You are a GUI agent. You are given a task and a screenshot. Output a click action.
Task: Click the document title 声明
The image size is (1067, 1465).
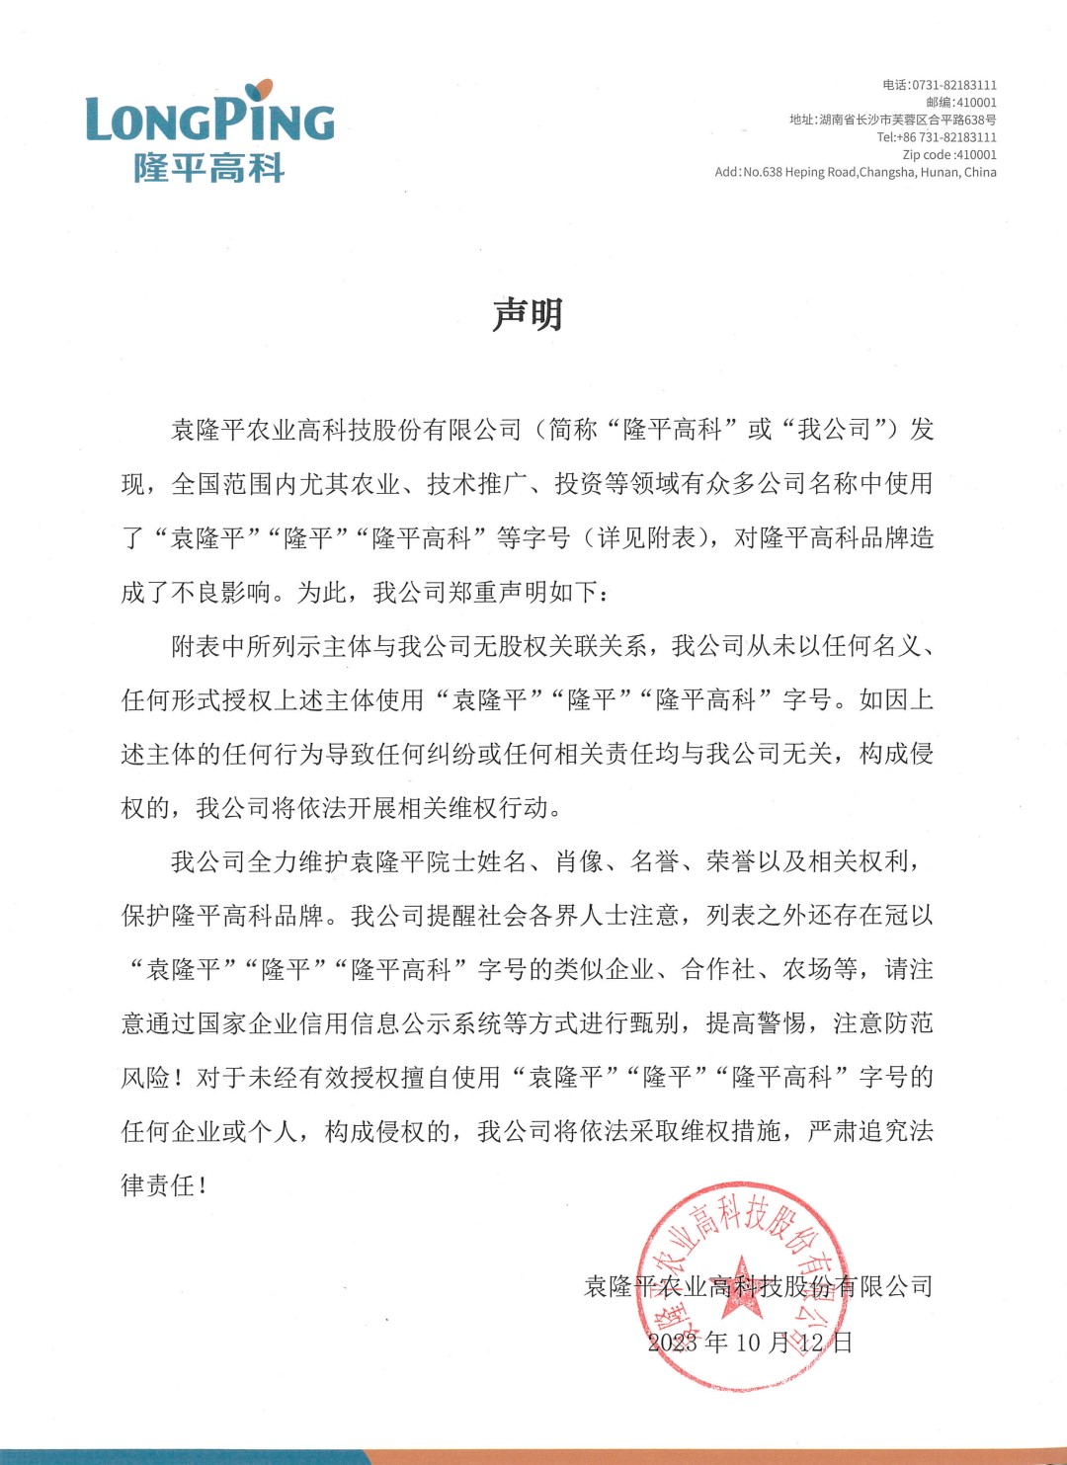pyautogui.click(x=528, y=315)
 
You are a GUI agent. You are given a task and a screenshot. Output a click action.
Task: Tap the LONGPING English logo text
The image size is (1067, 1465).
pyautogui.click(x=210, y=119)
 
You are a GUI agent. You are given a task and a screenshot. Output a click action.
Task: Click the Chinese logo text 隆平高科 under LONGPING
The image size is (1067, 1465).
pyautogui.click(x=209, y=168)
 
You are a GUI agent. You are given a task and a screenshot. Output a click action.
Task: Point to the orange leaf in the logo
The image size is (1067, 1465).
pyautogui.click(x=259, y=90)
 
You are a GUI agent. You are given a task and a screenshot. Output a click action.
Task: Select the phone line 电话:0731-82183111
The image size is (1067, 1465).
pyautogui.click(x=940, y=85)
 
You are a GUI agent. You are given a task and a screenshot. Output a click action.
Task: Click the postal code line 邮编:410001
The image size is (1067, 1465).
pyautogui.click(x=961, y=102)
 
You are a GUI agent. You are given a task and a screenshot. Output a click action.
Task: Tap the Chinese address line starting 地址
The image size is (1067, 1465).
pyautogui.click(x=892, y=120)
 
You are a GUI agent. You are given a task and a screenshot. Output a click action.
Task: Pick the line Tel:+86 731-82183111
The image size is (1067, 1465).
pyautogui.click(x=937, y=137)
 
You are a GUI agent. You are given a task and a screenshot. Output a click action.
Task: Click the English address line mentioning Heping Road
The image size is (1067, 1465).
pyautogui.click(x=856, y=172)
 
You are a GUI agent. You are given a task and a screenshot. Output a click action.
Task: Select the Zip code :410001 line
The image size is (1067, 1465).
pyautogui.click(x=949, y=154)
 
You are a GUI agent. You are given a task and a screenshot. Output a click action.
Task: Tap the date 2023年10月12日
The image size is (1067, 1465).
pyautogui.click(x=749, y=1342)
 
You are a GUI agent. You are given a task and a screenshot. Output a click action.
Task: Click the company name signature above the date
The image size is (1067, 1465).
pyautogui.click(x=759, y=1286)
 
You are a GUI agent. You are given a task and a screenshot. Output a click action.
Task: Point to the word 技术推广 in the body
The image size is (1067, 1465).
pyautogui.click(x=478, y=484)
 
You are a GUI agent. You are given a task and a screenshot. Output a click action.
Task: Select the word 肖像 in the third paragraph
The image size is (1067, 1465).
pyautogui.click(x=581, y=862)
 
